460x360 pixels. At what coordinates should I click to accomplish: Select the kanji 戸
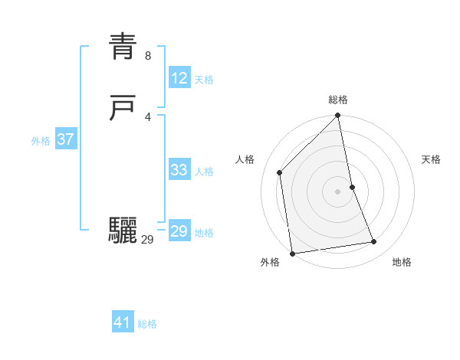point(123,109)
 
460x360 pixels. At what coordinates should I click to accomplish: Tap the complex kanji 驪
point(123,231)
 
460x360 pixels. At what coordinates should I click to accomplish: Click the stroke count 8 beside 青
point(148,56)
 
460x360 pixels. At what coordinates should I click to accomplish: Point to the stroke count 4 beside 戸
point(148,116)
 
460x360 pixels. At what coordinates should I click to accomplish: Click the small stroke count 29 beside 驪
point(148,240)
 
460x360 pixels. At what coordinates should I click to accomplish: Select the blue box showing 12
point(179,77)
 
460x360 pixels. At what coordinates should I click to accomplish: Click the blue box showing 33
point(179,170)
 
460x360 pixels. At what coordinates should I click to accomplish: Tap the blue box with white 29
point(179,231)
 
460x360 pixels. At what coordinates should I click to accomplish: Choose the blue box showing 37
point(65,139)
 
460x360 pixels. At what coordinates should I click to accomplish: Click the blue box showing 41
point(123,322)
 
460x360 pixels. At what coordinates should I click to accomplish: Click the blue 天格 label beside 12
point(204,80)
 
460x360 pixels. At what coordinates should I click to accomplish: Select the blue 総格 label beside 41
point(147,325)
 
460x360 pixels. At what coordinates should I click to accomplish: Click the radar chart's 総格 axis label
point(338,100)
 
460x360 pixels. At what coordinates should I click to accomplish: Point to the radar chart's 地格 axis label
point(402,263)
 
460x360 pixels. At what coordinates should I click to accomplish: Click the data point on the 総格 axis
point(338,116)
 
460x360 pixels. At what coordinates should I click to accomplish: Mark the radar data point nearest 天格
point(353,187)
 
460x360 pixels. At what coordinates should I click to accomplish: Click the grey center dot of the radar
point(338,191)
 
